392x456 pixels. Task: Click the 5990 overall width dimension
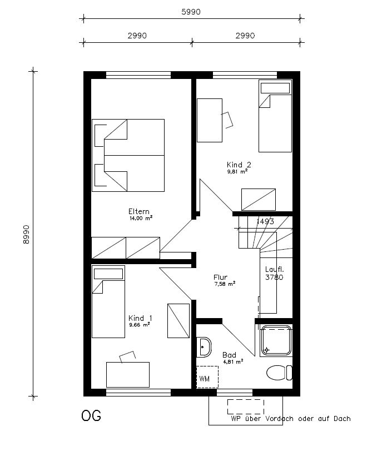pyautogui.click(x=191, y=12)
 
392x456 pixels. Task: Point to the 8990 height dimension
pyautogui.click(x=26, y=235)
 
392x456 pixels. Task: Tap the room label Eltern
pyautogui.click(x=138, y=211)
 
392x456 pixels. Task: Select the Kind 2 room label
pyautogui.click(x=239, y=165)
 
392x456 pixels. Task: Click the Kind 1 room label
pyautogui.click(x=140, y=318)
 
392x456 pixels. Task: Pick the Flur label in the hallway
pyautogui.click(x=220, y=277)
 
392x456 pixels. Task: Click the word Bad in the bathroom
pyautogui.click(x=229, y=355)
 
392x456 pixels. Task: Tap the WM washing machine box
pyautogui.click(x=207, y=377)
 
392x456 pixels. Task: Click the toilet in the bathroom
pyautogui.click(x=279, y=373)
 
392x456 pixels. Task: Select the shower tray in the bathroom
pyautogui.click(x=276, y=340)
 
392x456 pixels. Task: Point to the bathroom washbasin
pyautogui.click(x=204, y=347)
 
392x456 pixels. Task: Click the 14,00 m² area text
pyautogui.click(x=141, y=218)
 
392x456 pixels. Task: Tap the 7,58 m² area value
pyautogui.click(x=225, y=284)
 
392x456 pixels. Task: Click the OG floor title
pyautogui.click(x=91, y=416)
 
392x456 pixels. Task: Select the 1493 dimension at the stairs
pyautogui.click(x=265, y=221)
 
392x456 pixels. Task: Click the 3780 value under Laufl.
pyautogui.click(x=274, y=277)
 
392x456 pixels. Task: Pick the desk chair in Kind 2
pyautogui.click(x=227, y=120)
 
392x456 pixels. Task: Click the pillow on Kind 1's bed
pyautogui.click(x=108, y=274)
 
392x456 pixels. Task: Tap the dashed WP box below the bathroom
pyautogui.click(x=246, y=407)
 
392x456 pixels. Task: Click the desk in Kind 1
pyautogui.click(x=128, y=375)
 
